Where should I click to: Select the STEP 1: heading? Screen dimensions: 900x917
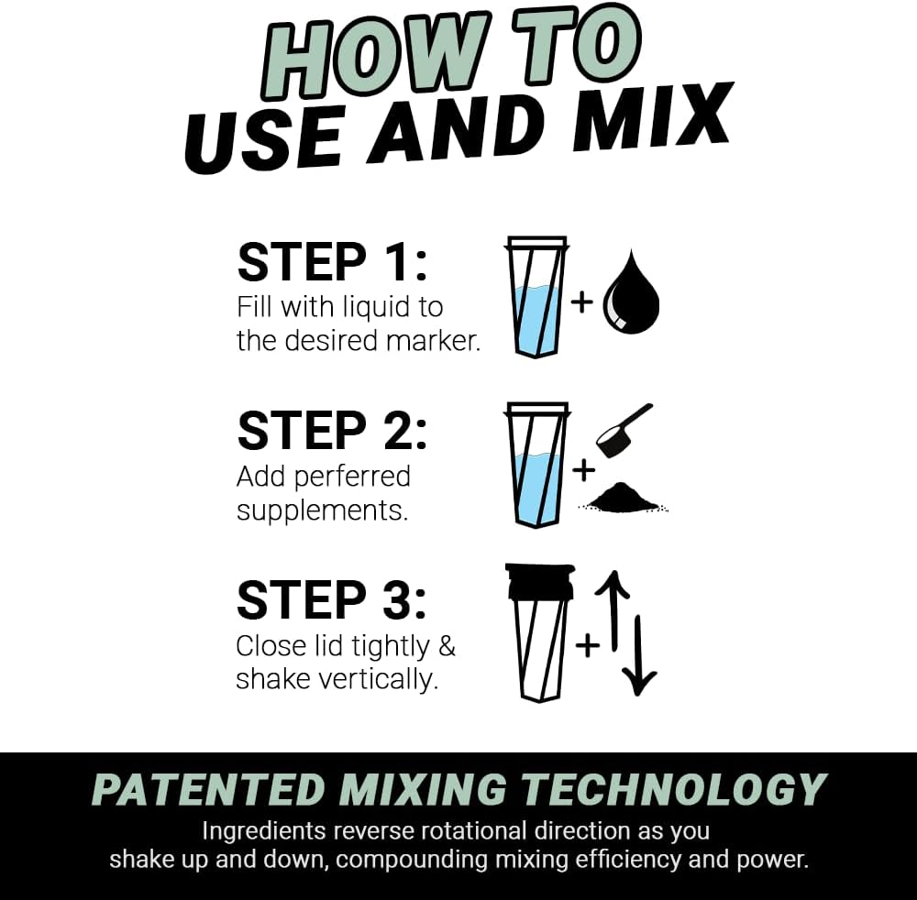(x=332, y=262)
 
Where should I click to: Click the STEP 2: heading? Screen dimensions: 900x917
(x=332, y=430)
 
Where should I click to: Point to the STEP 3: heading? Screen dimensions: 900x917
(x=332, y=599)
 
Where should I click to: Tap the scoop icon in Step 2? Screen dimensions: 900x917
(x=623, y=430)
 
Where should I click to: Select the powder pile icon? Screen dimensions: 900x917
(x=623, y=498)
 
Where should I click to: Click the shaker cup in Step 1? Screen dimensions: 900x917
(x=536, y=297)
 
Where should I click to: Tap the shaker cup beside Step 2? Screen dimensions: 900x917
(x=536, y=464)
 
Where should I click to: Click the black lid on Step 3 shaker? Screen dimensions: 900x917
(x=536, y=582)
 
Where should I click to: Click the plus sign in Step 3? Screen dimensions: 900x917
(x=587, y=645)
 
